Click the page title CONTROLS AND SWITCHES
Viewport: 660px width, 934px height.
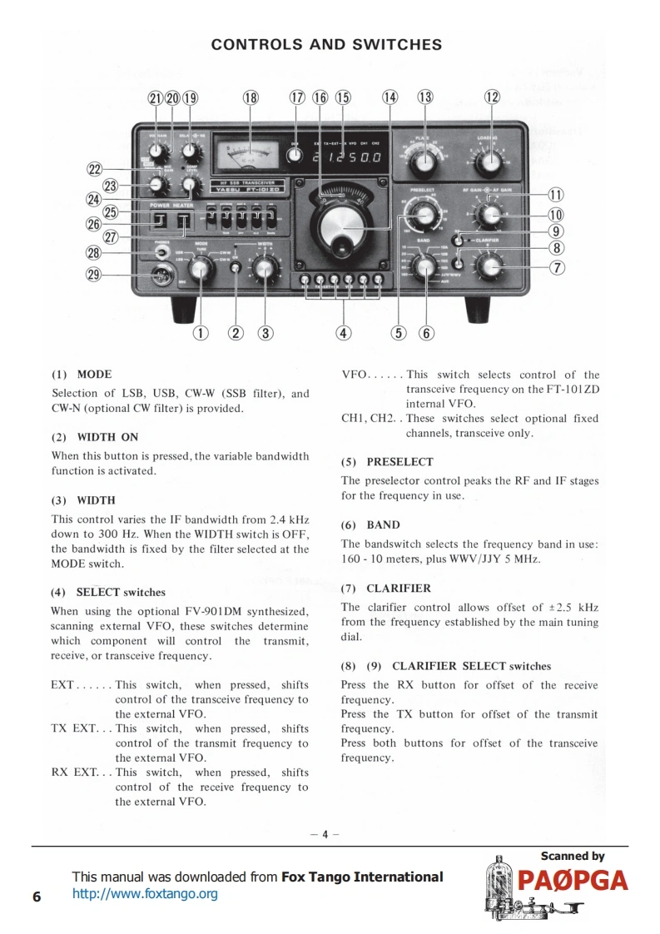point(326,44)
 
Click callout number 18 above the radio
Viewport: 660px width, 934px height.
point(251,97)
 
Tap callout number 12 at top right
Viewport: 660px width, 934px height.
point(492,97)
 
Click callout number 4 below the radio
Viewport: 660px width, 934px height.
point(343,334)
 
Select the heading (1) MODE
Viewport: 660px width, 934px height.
point(82,375)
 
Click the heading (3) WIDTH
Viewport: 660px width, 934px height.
point(83,500)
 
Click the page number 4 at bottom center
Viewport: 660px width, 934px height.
point(326,835)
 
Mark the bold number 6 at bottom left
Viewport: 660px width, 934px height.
point(36,896)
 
